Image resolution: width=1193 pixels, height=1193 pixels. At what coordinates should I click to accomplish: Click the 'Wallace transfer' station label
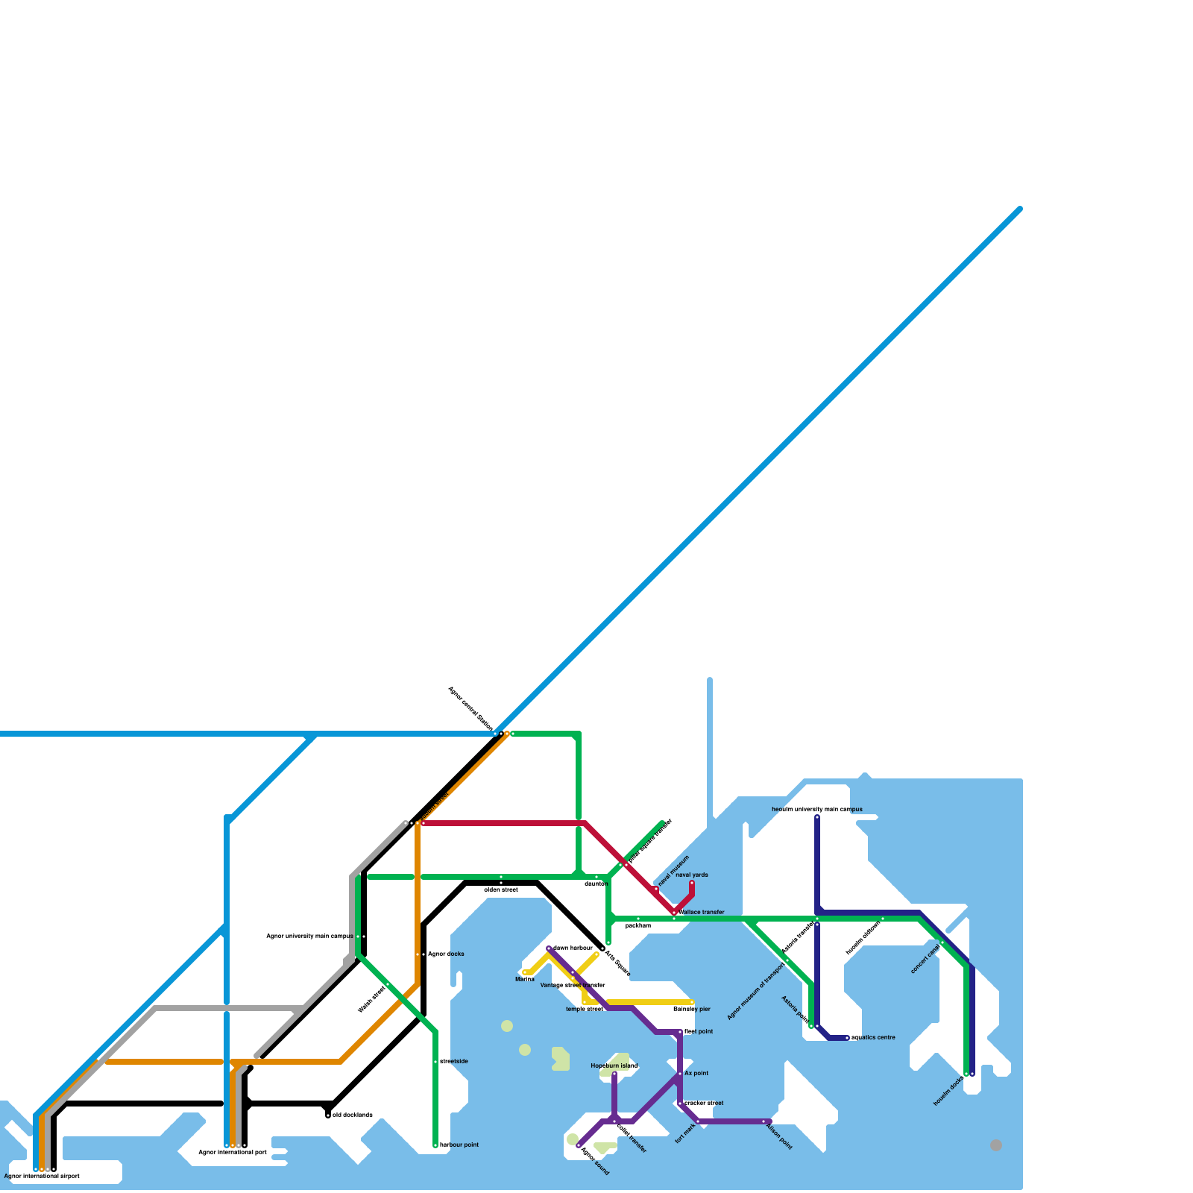tap(701, 912)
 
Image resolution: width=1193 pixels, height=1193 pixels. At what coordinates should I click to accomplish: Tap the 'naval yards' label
tap(692, 875)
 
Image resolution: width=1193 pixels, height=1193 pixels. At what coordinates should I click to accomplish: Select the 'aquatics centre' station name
tap(873, 1037)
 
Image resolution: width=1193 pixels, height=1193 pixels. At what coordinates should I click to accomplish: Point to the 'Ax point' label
tap(696, 1073)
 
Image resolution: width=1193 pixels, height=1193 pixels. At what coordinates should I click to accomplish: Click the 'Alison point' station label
tap(779, 1136)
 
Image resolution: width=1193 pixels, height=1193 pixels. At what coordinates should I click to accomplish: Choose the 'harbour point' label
tap(459, 1145)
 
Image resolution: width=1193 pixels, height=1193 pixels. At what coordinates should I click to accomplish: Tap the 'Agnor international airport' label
tap(42, 1176)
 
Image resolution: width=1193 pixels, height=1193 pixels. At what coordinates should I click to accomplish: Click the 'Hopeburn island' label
tap(614, 1065)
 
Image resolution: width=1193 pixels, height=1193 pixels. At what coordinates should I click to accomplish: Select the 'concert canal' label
tap(925, 959)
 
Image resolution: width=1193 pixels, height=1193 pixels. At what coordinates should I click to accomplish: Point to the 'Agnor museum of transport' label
tap(756, 989)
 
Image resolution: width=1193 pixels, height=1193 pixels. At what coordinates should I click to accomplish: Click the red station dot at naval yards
tap(692, 884)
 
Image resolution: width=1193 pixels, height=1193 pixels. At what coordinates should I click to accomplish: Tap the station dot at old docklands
tap(328, 1115)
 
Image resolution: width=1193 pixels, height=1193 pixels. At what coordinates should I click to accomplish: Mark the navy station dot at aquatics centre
tap(847, 1038)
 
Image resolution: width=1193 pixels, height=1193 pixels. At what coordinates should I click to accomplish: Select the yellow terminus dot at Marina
tap(525, 972)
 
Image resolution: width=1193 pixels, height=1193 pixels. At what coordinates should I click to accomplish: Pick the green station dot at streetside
tap(435, 1062)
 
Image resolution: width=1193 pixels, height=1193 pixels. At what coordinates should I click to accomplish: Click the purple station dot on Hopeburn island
tap(614, 1074)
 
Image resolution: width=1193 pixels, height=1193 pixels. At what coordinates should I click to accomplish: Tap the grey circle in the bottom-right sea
tap(996, 1145)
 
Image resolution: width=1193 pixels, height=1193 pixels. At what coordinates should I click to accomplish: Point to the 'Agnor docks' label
tap(446, 954)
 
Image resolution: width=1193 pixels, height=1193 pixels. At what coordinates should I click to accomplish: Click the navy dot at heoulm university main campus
tap(817, 817)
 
